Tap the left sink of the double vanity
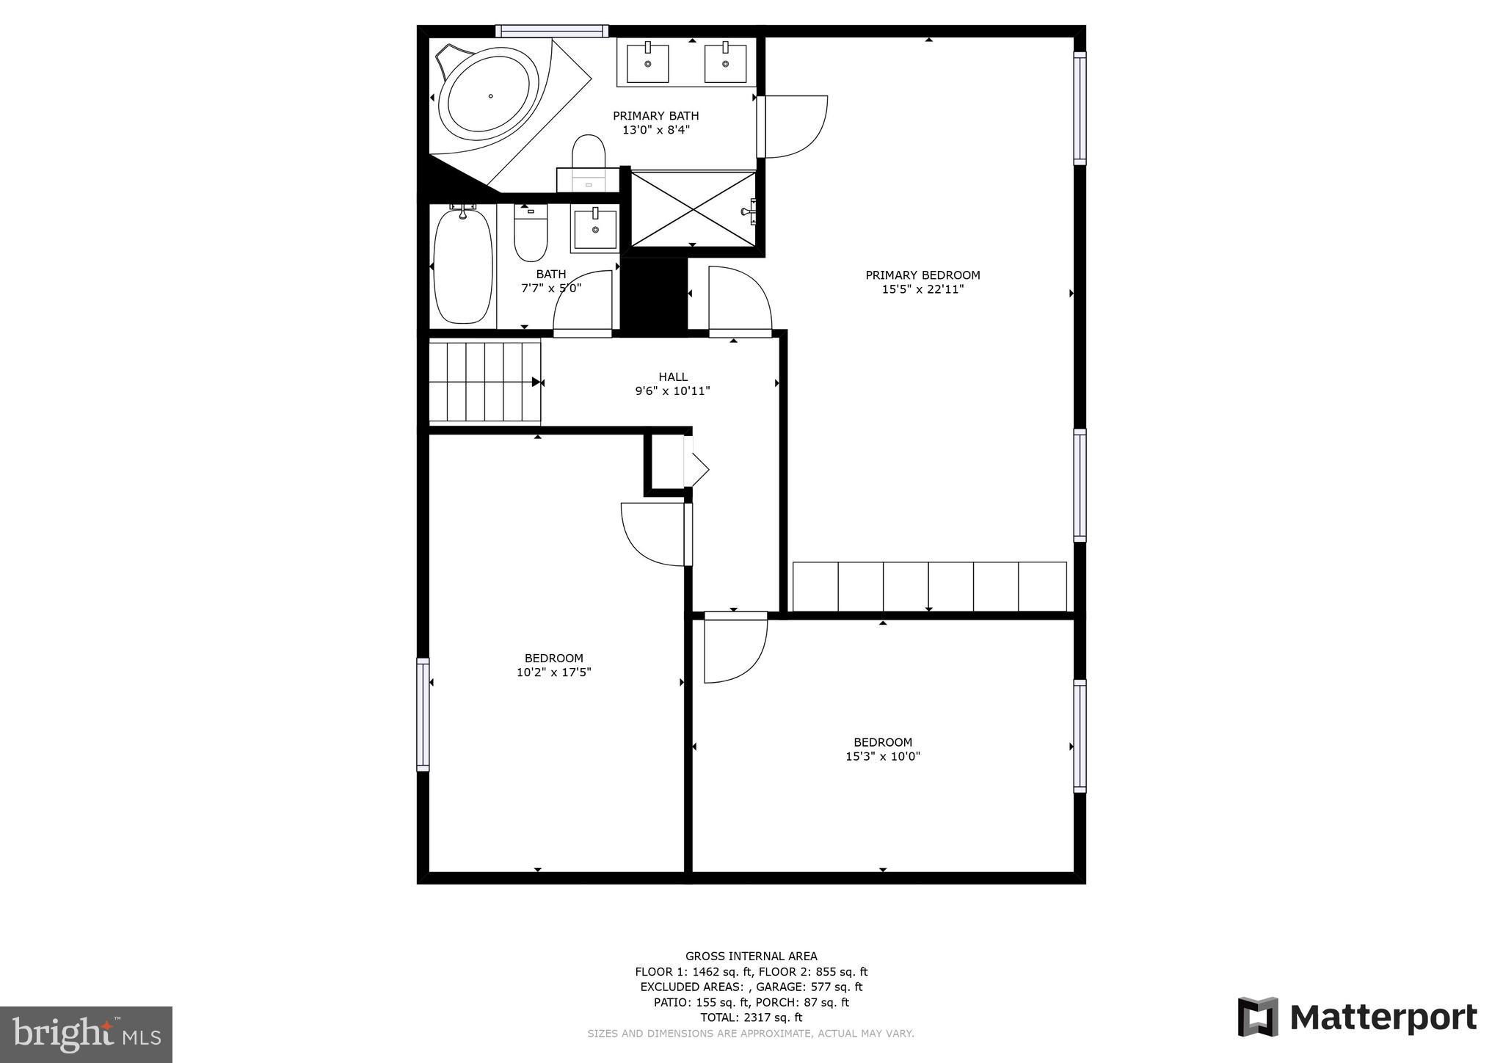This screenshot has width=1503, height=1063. [648, 64]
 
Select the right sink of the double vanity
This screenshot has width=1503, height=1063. [725, 64]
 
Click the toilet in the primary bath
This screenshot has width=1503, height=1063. [588, 152]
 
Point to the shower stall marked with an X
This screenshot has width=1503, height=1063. [693, 210]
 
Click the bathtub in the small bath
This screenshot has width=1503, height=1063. [462, 266]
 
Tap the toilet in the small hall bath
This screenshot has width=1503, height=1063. [530, 233]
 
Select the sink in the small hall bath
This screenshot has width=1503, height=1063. [594, 229]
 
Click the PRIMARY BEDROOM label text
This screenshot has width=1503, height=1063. [922, 275]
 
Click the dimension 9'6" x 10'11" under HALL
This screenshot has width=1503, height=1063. [672, 391]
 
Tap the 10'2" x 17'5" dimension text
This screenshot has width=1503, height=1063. [553, 672]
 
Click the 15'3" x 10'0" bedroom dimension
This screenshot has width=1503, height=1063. [882, 756]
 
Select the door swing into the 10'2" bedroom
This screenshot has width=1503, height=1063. [653, 534]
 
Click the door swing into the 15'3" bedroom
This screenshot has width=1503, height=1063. [734, 650]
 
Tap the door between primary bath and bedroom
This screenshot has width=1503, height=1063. [793, 126]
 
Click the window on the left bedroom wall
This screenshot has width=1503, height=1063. [423, 714]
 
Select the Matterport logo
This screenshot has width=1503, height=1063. [1357, 1017]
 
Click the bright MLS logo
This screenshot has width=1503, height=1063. [86, 1034]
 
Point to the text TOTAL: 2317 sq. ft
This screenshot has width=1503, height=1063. [751, 1017]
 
